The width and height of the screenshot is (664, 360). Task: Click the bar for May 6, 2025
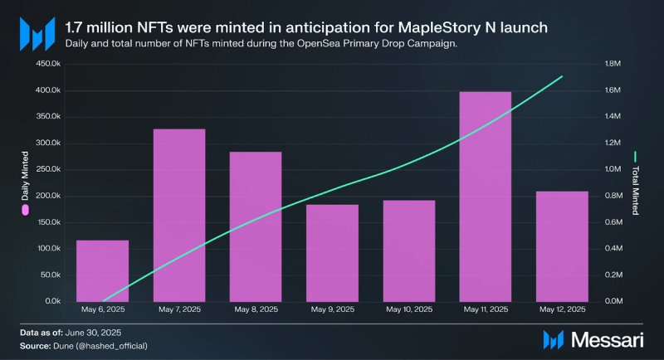pyautogui.click(x=102, y=270)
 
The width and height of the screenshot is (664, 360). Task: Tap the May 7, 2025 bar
pyautogui.click(x=179, y=215)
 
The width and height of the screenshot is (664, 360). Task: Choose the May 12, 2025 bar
pyautogui.click(x=562, y=246)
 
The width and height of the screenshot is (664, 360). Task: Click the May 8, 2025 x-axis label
pyautogui.click(x=256, y=309)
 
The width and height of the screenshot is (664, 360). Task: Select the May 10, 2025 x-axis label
pyautogui.click(x=408, y=309)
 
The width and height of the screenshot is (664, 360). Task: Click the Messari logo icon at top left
pyautogui.click(x=37, y=33)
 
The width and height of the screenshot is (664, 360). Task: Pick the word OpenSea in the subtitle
pyautogui.click(x=302, y=42)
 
